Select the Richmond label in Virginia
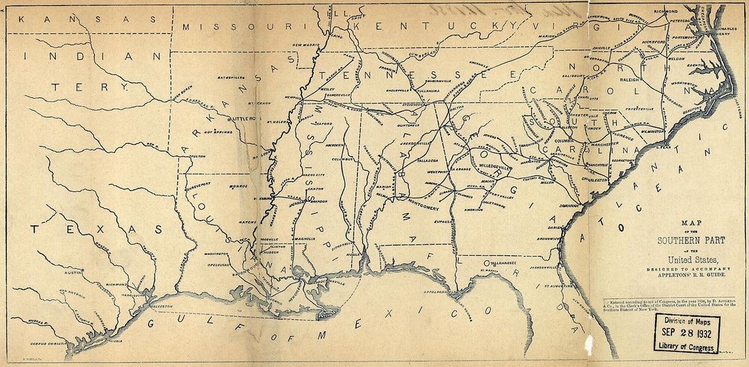coord(665,12)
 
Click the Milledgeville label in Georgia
coord(502,165)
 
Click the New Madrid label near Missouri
coord(306,45)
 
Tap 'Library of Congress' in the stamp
coord(686,346)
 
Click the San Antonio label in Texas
coord(71,291)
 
